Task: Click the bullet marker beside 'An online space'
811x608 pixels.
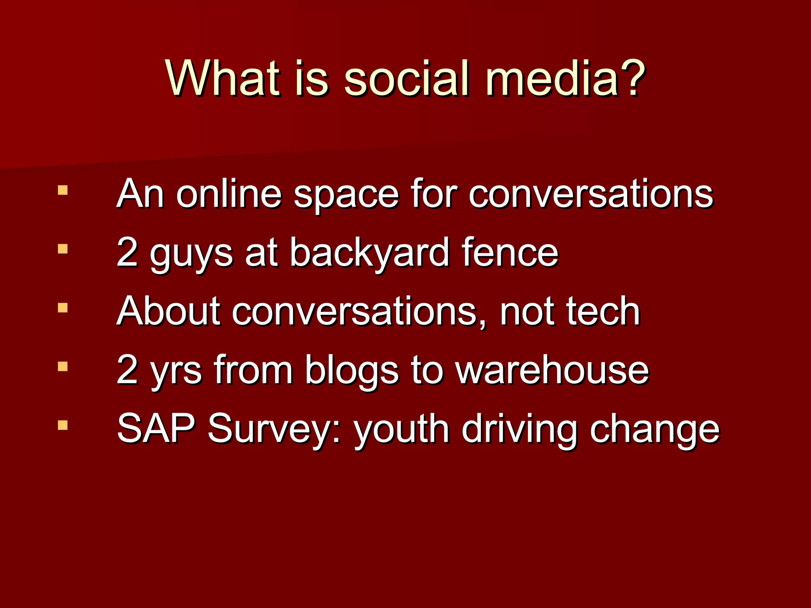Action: (x=63, y=190)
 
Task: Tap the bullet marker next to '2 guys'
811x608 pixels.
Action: (x=63, y=249)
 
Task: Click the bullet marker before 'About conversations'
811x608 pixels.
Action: (x=63, y=308)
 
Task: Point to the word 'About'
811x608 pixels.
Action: (x=168, y=311)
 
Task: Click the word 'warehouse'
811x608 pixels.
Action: (x=552, y=370)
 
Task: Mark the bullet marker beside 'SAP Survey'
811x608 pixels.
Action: (x=63, y=425)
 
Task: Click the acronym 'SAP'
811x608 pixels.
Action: (x=156, y=428)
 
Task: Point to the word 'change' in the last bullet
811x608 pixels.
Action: (x=654, y=431)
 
